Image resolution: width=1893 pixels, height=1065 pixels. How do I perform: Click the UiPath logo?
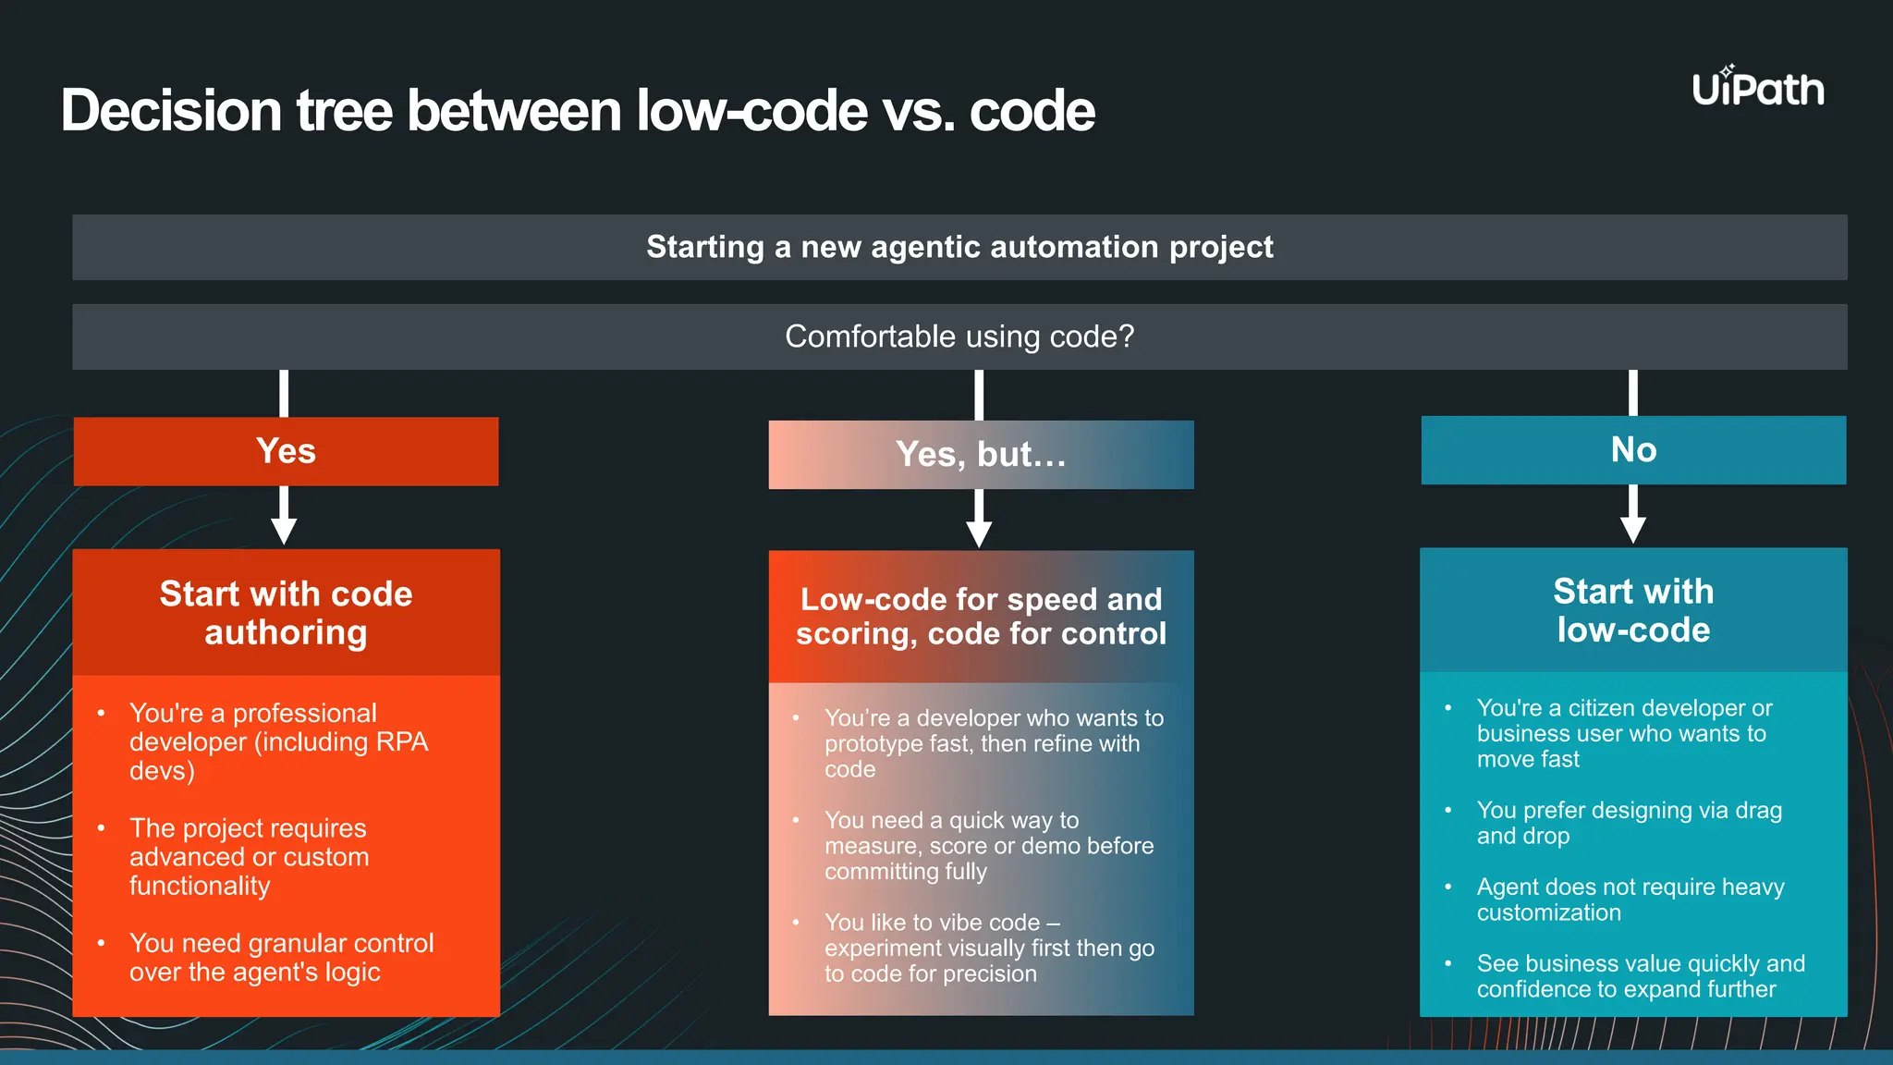(x=1757, y=88)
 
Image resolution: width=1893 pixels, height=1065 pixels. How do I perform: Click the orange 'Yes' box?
(x=286, y=451)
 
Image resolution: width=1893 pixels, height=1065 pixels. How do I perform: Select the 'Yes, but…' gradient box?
(x=981, y=455)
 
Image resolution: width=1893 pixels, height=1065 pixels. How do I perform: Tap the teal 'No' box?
(x=1633, y=450)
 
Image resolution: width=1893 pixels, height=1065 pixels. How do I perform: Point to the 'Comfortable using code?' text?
(x=959, y=337)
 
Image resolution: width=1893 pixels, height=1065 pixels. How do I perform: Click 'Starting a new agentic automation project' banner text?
(x=959, y=247)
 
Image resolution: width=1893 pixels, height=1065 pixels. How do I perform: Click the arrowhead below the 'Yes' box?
(x=284, y=531)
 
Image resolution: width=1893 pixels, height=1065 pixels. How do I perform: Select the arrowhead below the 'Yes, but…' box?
(x=979, y=533)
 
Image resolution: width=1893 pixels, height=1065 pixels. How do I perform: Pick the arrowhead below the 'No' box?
(x=1633, y=530)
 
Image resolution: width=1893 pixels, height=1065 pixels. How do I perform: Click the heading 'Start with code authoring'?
(x=286, y=613)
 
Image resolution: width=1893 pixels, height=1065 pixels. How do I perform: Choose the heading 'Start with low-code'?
(x=1633, y=610)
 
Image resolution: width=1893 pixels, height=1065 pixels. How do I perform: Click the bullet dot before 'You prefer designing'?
(x=1448, y=811)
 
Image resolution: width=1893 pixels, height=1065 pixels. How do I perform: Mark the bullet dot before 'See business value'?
(x=1448, y=964)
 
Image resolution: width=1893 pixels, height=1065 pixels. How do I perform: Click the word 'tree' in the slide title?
(x=345, y=111)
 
